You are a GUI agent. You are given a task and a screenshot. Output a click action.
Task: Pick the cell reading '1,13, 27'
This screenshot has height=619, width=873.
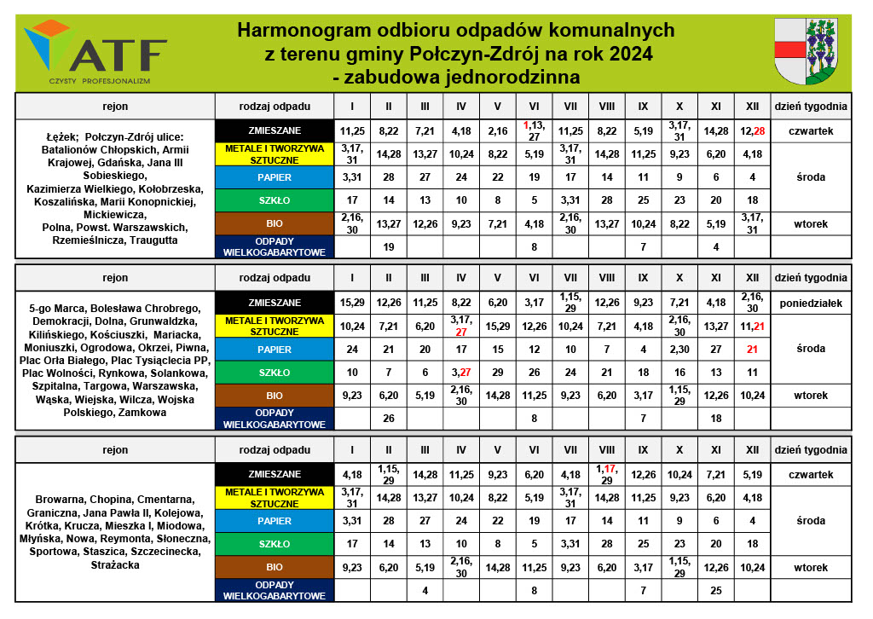click(x=534, y=130)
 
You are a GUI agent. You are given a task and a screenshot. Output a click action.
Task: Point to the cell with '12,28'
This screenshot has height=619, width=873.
click(x=752, y=131)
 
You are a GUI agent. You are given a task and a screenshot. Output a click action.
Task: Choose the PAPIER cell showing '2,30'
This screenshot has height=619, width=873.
click(x=679, y=350)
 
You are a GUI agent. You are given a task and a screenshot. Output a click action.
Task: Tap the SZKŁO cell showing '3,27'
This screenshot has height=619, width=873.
click(x=460, y=373)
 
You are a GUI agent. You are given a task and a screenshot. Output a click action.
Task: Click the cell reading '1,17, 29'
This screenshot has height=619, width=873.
click(x=607, y=474)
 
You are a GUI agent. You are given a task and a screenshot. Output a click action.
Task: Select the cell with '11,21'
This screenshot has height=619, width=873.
click(x=752, y=326)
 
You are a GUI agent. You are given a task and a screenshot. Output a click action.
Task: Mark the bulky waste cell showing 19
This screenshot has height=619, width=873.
click(x=388, y=247)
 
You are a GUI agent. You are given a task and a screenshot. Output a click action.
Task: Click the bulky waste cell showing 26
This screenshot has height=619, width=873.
click(x=388, y=419)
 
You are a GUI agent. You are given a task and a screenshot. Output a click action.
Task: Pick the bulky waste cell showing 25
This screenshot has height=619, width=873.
click(x=716, y=590)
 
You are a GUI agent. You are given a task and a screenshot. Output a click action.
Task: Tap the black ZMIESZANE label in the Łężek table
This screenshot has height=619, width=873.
click(x=275, y=131)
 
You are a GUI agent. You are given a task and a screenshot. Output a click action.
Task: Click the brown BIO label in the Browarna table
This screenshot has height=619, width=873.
click(x=275, y=567)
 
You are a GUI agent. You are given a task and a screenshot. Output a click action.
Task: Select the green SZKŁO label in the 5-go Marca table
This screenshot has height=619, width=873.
click(x=275, y=373)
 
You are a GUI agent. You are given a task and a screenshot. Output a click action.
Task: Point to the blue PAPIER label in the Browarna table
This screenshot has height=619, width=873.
click(x=275, y=520)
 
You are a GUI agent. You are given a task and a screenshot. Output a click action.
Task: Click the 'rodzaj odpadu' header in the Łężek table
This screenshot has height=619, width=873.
click(x=275, y=107)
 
